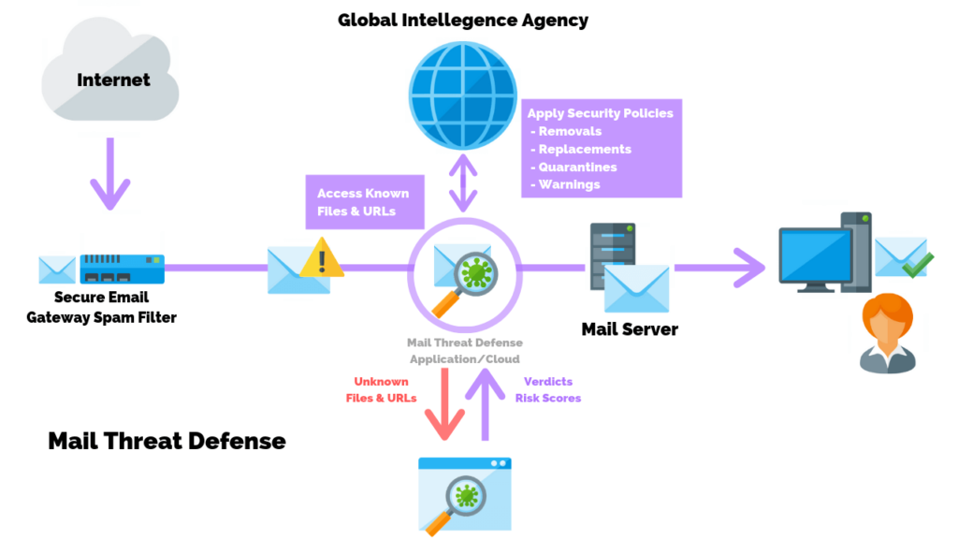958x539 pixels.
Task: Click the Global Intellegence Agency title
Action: [x=463, y=20]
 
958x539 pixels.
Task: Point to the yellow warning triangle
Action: [x=322, y=257]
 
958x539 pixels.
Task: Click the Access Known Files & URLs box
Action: [x=362, y=202]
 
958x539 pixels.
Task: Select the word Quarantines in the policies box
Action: [x=577, y=167]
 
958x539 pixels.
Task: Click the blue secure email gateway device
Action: [x=122, y=269]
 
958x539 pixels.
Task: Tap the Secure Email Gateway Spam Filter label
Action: [x=115, y=308]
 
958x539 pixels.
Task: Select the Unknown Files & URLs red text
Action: [x=385, y=389]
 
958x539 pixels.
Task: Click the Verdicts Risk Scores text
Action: [x=548, y=389]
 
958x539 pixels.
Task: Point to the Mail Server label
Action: [x=629, y=329]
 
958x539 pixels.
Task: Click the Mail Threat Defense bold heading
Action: [x=167, y=440]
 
